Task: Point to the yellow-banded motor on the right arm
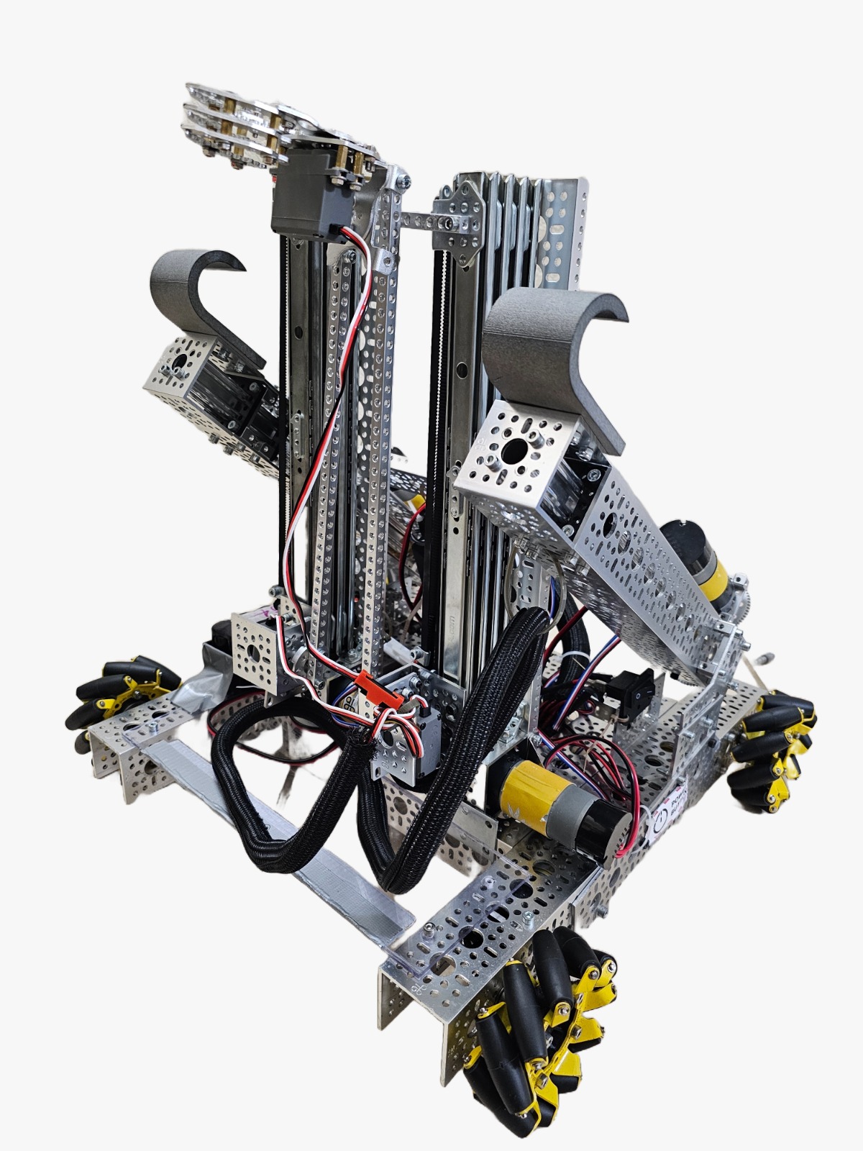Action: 701,558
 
